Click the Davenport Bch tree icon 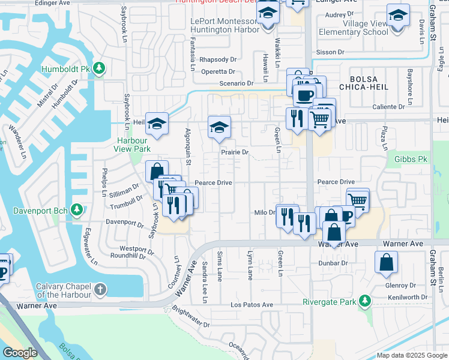[76, 209]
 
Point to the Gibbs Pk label [410, 159]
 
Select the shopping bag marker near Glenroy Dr [386, 262]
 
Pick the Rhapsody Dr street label [218, 59]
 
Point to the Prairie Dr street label [235, 152]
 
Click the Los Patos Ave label [252, 305]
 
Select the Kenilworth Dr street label [407, 297]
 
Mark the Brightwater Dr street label [190, 317]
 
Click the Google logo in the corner [20, 353]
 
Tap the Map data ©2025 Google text [411, 355]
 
